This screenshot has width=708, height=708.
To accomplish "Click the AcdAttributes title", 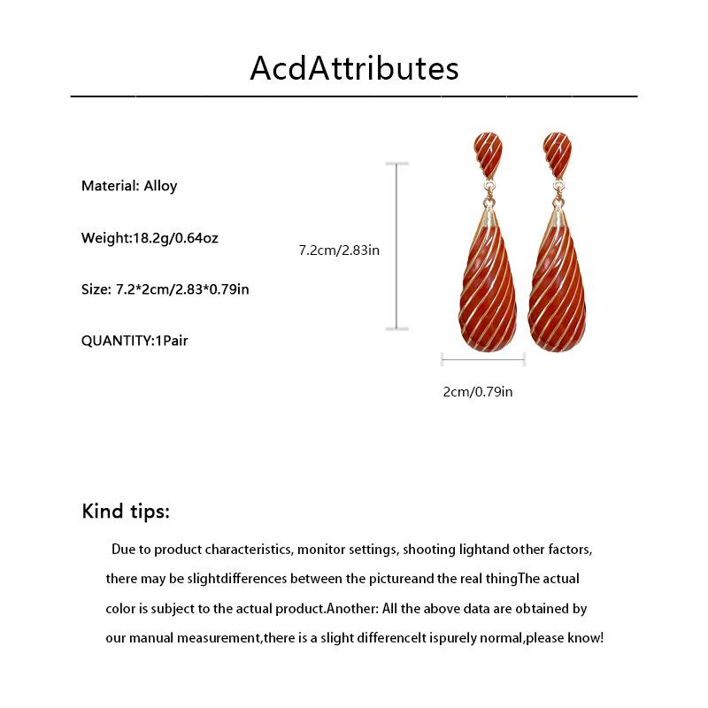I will (x=354, y=67).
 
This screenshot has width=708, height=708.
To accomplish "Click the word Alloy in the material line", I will (x=161, y=186).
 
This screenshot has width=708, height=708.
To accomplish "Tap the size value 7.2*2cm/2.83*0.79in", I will (x=182, y=289).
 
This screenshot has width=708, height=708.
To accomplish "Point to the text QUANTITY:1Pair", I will (x=135, y=340).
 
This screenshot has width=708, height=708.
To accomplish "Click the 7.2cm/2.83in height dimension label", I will (x=339, y=250).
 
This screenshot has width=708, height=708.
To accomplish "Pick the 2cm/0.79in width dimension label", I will (x=478, y=390).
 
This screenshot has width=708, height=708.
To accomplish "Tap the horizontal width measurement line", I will (x=483, y=359).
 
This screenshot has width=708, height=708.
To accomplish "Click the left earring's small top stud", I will (x=487, y=154).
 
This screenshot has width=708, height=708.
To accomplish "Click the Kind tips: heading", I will (x=126, y=512).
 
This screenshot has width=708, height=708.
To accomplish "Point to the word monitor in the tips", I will (x=322, y=550).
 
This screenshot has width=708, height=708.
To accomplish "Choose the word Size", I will (x=96, y=289).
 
